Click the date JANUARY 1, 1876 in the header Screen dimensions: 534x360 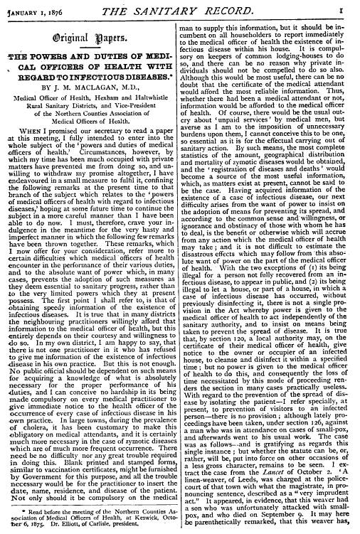[33, 8]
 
